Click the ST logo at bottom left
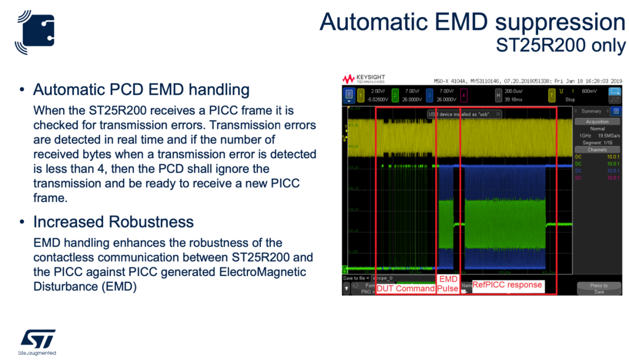(38, 339)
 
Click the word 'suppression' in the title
(560, 22)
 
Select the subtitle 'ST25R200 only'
(560, 45)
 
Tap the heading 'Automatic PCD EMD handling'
(141, 90)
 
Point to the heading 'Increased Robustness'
(113, 222)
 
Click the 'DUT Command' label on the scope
(406, 288)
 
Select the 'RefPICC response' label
(507, 285)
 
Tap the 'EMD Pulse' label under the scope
(448, 284)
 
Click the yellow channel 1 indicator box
(361, 94)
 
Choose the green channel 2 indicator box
(395, 94)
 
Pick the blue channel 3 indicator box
(429, 94)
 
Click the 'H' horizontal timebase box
(499, 94)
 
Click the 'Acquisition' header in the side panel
(597, 121)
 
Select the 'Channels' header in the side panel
(597, 150)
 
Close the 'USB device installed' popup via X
(499, 114)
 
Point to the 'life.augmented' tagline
(37, 353)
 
